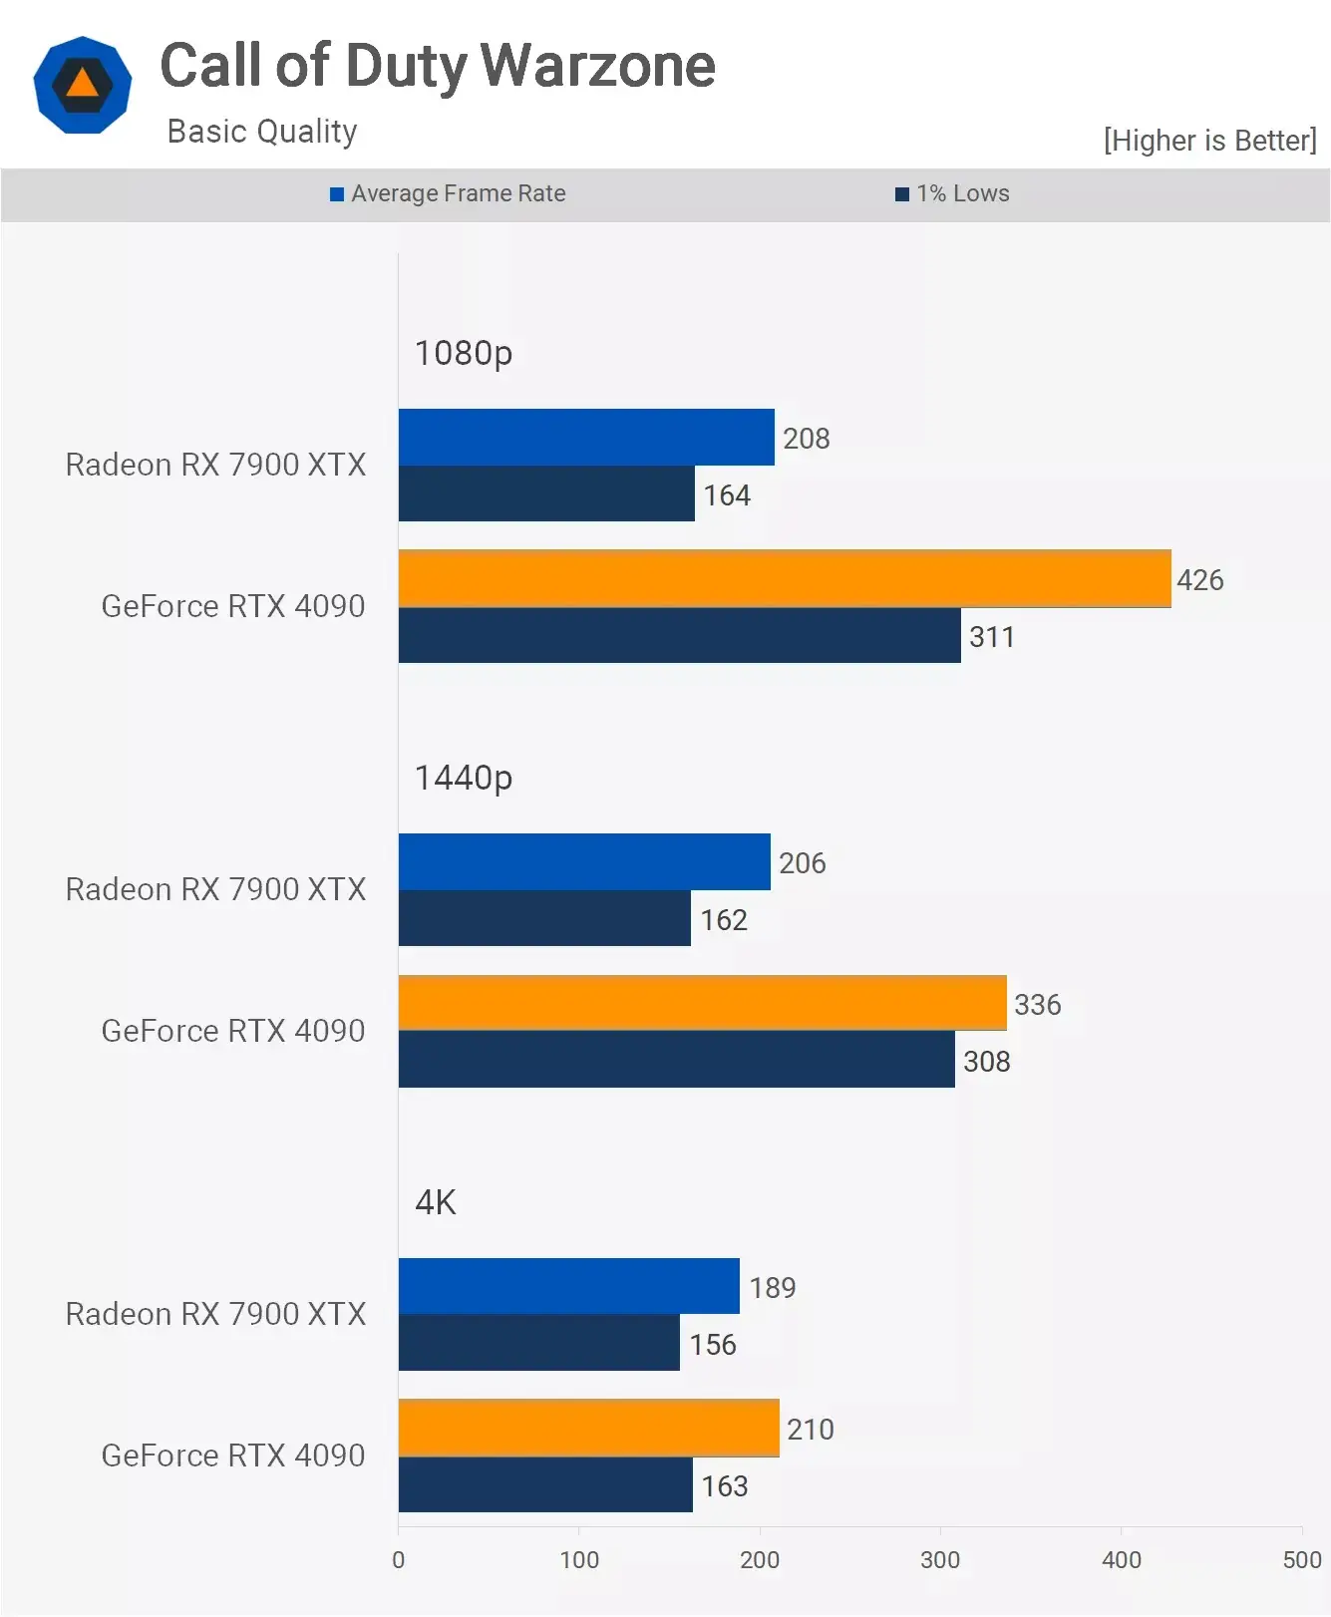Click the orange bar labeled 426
(x=785, y=578)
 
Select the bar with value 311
(x=679, y=635)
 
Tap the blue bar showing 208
(x=586, y=437)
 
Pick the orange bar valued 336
(x=702, y=1003)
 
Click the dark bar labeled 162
(x=544, y=918)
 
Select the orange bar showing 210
(x=588, y=1428)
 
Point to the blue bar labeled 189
(x=568, y=1286)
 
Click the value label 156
(x=713, y=1344)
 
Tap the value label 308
(x=986, y=1061)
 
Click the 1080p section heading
(x=463, y=353)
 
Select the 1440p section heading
(x=463, y=778)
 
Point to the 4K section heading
(x=435, y=1202)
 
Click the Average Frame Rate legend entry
(x=449, y=193)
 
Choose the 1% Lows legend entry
(x=953, y=193)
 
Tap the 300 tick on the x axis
(x=940, y=1559)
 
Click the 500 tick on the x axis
(x=1301, y=1559)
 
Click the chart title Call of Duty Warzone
(x=438, y=66)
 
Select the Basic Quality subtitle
(x=262, y=132)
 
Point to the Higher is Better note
(x=1209, y=141)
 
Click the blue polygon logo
(x=83, y=85)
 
